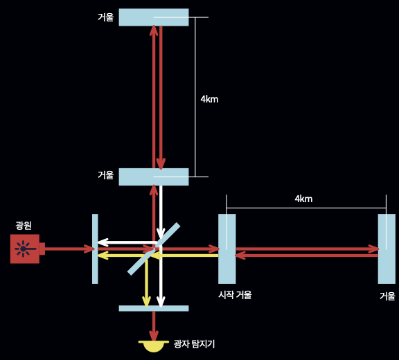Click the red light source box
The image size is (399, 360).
click(25, 249)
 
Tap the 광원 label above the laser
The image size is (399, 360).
click(24, 226)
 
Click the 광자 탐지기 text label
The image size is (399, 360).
click(194, 344)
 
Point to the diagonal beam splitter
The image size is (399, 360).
click(154, 249)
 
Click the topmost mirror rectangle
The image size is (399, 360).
click(154, 17)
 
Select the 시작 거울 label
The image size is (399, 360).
click(235, 295)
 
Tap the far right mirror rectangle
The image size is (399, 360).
click(387, 249)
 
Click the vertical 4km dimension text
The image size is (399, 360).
click(209, 99)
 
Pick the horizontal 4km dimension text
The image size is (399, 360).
click(303, 199)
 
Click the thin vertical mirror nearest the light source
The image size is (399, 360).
click(95, 249)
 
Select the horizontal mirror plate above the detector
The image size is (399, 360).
click(154, 308)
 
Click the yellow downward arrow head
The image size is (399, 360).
click(146, 302)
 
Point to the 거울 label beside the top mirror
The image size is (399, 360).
click(105, 17)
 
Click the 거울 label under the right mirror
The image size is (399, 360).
click(387, 296)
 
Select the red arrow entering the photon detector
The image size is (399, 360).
click(154, 327)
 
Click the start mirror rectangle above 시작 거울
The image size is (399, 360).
click(227, 249)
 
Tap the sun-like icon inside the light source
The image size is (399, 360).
click(24, 249)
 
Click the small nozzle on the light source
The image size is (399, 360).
click(42, 249)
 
